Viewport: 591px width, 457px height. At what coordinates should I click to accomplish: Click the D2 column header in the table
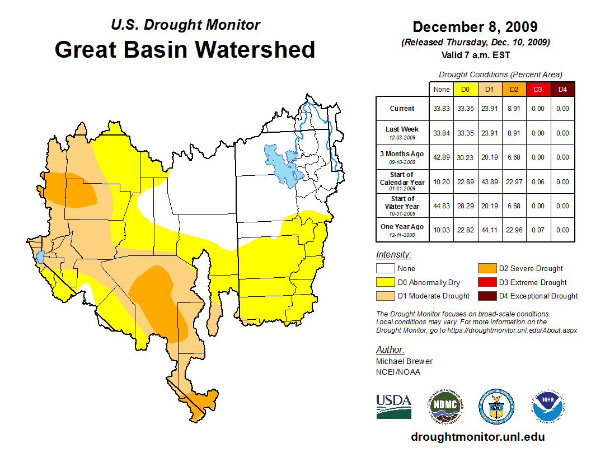513,90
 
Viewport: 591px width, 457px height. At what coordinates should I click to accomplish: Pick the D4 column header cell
562,90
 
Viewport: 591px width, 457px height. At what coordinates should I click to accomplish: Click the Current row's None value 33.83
442,109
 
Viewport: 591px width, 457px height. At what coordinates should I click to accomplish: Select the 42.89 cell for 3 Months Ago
442,157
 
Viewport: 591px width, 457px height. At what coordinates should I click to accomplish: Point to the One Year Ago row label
402,227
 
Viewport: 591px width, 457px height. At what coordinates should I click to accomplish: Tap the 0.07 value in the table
538,230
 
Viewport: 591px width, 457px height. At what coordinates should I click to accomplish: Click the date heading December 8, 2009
475,27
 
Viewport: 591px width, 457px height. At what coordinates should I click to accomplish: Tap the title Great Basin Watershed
185,49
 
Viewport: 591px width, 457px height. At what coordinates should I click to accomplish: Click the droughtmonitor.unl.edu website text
477,436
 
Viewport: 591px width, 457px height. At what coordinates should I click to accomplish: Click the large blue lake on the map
283,165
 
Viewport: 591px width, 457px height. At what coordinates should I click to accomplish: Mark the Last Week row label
402,132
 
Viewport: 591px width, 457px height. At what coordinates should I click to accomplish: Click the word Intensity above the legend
393,255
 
